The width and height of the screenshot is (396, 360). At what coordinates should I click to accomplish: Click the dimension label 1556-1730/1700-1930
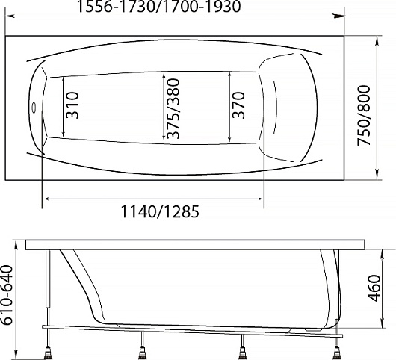point(158,7)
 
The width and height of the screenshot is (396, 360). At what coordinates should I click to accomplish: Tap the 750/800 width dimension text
point(364,115)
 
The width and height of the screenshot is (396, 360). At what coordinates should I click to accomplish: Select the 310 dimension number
point(72,105)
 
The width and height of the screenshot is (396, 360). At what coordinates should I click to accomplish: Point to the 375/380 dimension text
point(173,109)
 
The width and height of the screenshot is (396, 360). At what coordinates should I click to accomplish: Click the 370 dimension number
point(238,105)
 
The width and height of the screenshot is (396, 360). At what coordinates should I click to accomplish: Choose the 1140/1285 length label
point(160,211)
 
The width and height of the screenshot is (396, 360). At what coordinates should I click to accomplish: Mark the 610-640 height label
point(6,294)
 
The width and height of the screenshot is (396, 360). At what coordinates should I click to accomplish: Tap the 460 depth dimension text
point(374,288)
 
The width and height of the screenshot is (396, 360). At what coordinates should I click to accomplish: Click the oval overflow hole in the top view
point(33,107)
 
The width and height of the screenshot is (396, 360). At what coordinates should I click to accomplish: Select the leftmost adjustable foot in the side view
point(47,353)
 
